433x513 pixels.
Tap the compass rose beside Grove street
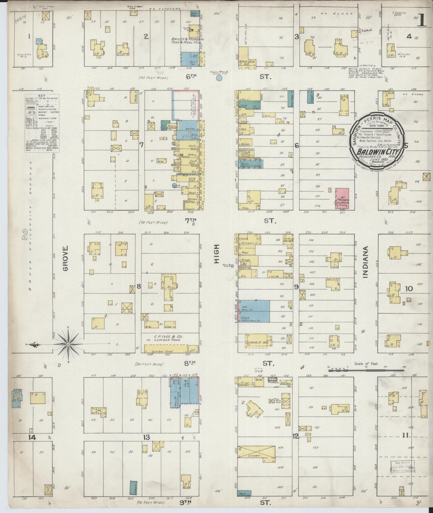(68, 344)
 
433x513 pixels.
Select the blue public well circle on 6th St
(219, 78)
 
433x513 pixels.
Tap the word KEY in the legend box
(42, 96)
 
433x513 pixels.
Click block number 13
(146, 437)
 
